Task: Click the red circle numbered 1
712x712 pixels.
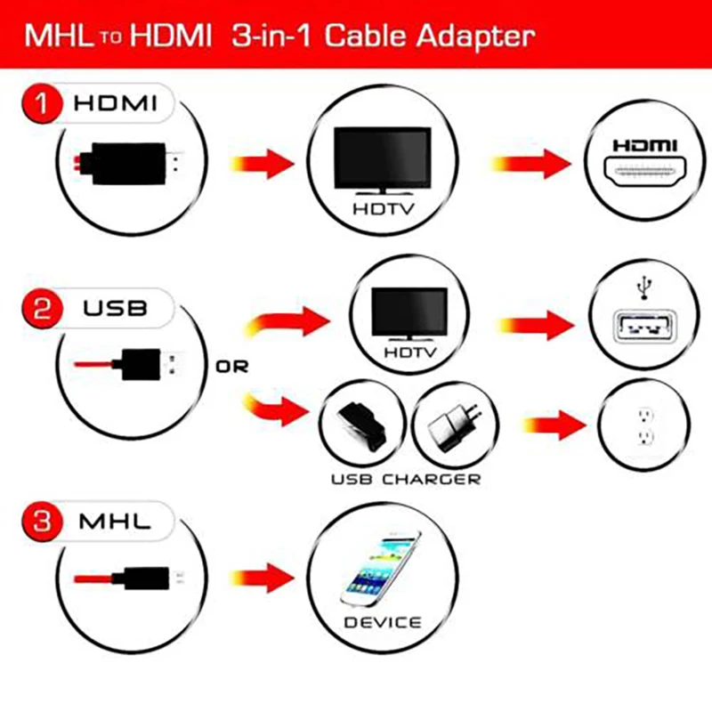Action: coord(37,104)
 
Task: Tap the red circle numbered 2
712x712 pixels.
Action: coord(37,310)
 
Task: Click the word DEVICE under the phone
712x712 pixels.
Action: coord(383,621)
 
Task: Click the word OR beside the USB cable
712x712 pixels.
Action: coord(232,366)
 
